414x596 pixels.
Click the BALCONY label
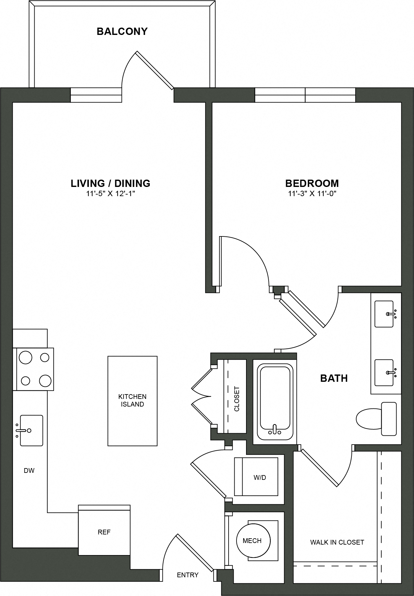tap(122, 31)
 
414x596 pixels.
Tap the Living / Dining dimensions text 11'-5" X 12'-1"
tap(110, 194)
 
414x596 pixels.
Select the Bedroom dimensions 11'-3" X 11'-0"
tap(312, 194)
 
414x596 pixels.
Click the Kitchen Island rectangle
tap(132, 401)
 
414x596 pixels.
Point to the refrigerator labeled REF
tap(104, 532)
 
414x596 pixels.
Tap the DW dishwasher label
tap(29, 470)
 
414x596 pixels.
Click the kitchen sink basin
tap(31, 430)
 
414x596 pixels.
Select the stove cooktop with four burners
tap(33, 369)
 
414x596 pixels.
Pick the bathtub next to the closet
tap(275, 401)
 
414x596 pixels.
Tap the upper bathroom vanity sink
tap(384, 314)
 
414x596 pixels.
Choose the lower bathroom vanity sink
tap(384, 372)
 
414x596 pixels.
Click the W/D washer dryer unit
tap(256, 477)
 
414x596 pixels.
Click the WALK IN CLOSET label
tap(337, 542)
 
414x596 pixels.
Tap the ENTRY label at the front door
tap(188, 575)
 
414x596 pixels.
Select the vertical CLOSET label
tap(237, 399)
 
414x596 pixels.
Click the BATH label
tap(334, 378)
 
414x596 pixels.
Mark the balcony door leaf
tap(155, 70)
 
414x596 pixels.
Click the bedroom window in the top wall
tap(305, 95)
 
